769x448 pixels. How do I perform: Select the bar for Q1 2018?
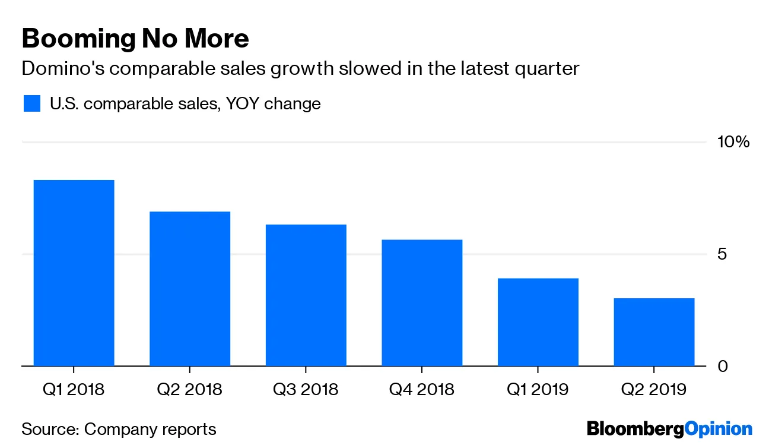click(x=74, y=273)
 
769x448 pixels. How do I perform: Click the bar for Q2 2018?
click(x=190, y=289)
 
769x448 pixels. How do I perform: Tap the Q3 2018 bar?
click(x=306, y=295)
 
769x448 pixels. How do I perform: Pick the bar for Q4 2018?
click(x=422, y=302)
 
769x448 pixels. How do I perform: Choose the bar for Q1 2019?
click(x=538, y=322)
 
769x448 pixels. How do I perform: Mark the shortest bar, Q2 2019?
click(x=654, y=332)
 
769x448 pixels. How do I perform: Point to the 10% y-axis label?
click(x=733, y=143)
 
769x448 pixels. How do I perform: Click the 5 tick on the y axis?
click(x=722, y=254)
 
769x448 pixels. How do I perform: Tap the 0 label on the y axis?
click(x=722, y=366)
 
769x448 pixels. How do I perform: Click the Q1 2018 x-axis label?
click(x=74, y=390)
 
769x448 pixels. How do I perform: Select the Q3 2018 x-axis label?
click(x=306, y=390)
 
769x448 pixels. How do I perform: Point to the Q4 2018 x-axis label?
click(x=422, y=390)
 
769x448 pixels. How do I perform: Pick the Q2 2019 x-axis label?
click(x=654, y=390)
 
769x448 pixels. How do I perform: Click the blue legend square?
click(x=32, y=103)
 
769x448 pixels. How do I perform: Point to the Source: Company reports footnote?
click(x=119, y=429)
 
